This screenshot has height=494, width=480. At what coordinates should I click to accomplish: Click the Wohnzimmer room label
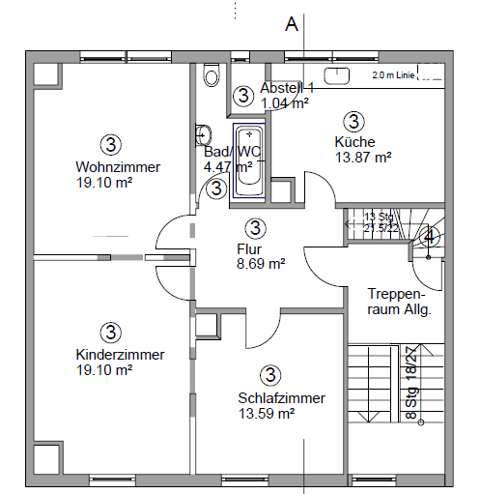tap(118, 167)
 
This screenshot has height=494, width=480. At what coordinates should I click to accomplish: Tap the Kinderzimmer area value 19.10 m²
tap(103, 369)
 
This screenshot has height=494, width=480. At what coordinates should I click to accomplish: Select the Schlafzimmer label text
tap(281, 398)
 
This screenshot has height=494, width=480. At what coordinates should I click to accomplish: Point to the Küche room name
tap(353, 141)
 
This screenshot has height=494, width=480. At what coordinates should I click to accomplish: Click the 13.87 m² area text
tap(362, 157)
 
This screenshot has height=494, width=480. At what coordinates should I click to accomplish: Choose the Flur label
tap(249, 247)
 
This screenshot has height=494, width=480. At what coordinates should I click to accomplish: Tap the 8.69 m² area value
tap(260, 263)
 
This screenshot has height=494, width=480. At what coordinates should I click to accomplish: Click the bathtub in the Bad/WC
tap(250, 159)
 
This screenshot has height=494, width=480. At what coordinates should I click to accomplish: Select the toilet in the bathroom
tap(211, 76)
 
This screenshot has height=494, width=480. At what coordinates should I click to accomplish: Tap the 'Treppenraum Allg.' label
tap(398, 302)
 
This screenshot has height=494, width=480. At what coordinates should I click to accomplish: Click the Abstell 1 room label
tap(287, 88)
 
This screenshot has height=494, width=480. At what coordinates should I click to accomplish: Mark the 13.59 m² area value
tap(266, 414)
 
